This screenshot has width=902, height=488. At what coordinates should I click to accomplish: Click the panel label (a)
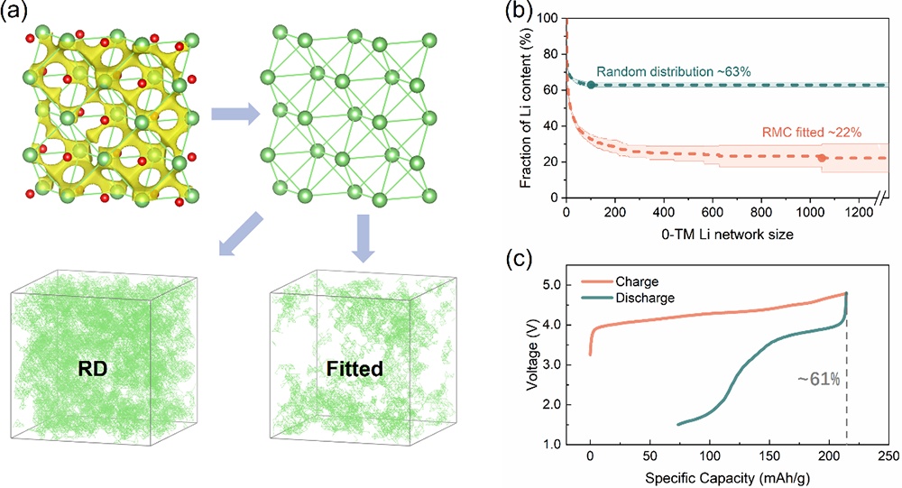[x=17, y=14]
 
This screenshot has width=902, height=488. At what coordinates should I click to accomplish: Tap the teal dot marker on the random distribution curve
[x=591, y=85]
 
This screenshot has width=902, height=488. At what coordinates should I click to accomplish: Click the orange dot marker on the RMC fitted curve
[x=821, y=158]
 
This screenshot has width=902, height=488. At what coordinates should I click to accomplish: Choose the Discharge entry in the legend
[x=651, y=297]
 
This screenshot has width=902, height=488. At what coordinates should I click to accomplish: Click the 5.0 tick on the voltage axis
[x=563, y=285]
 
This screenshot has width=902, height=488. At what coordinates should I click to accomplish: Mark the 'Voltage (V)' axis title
[x=535, y=364]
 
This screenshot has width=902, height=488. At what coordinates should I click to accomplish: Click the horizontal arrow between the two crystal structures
[x=232, y=115]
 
